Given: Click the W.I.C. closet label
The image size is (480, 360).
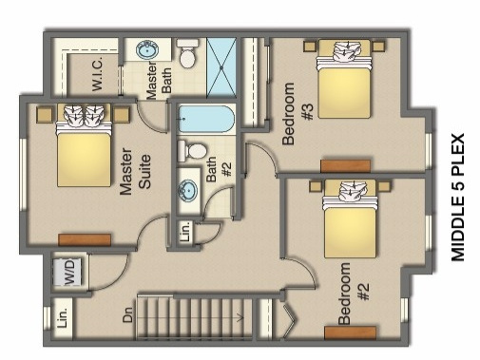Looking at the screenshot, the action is point(98,73).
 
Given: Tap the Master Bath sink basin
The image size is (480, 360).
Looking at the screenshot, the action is point(147,49).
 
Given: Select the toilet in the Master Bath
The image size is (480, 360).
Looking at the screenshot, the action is point(187,53).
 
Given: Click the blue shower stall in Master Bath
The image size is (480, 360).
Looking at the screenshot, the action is point(221,67).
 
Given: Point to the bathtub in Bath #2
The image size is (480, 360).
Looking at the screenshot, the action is point(206,119).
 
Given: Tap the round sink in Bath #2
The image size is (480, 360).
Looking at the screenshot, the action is point(187,191).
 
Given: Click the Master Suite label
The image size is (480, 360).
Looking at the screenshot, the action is point(135,171).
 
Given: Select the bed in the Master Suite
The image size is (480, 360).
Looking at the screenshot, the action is point(84,145).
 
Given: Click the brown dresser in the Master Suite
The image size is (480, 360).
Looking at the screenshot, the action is point(85,240).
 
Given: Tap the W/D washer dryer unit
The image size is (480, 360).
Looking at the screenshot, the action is point(68,272).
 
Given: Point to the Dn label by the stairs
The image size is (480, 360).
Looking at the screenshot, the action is point(127,314).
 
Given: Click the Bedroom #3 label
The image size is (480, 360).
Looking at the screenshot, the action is point(298,114).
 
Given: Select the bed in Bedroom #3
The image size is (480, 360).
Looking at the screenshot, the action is point(344,79).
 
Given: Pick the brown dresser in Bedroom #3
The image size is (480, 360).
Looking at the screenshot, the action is point(345,166).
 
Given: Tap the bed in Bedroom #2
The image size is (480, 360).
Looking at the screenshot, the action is point(351,218).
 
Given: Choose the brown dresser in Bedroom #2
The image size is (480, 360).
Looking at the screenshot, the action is point(351,333).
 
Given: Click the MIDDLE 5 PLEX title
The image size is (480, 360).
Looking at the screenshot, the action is point(457,198).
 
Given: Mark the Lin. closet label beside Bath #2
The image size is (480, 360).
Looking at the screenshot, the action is point(186,232).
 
